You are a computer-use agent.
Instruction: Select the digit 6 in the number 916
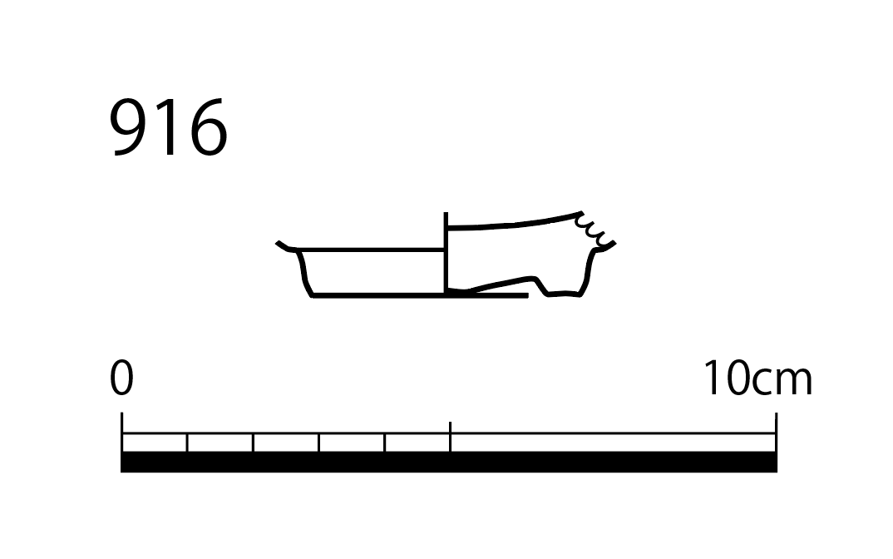(207, 127)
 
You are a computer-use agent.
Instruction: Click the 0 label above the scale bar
(121, 378)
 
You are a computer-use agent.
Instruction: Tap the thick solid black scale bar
(449, 463)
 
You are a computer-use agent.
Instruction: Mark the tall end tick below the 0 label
(122, 432)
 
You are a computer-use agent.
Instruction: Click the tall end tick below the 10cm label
(777, 432)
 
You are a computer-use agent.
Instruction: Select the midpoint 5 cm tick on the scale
(450, 437)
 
